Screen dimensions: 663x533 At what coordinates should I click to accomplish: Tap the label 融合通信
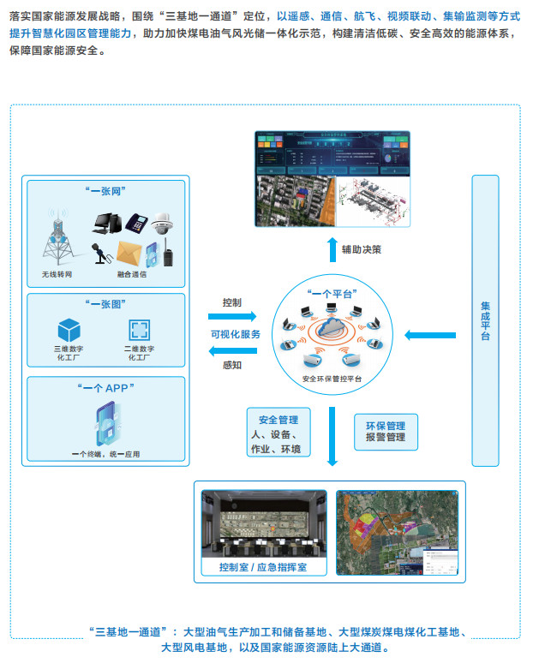pos(132,275)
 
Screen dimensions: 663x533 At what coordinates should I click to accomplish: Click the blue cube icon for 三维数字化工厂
pos(69,329)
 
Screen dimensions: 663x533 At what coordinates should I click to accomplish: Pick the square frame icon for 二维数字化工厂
pos(139,331)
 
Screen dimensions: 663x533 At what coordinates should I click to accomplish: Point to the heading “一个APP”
pos(107,388)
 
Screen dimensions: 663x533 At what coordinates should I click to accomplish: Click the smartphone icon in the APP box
pos(106,424)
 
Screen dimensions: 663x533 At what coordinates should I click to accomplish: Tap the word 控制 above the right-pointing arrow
pos(231,302)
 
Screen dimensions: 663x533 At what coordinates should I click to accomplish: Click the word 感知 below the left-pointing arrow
pos(231,365)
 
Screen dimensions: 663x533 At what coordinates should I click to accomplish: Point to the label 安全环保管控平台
pos(332,378)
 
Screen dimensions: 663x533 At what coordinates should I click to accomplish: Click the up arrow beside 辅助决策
pos(332,250)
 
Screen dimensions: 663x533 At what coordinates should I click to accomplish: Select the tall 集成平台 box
pos(485,320)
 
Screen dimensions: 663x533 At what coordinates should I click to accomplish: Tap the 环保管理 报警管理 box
pos(385,431)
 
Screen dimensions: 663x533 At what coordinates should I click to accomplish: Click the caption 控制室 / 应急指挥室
pos(263,568)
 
